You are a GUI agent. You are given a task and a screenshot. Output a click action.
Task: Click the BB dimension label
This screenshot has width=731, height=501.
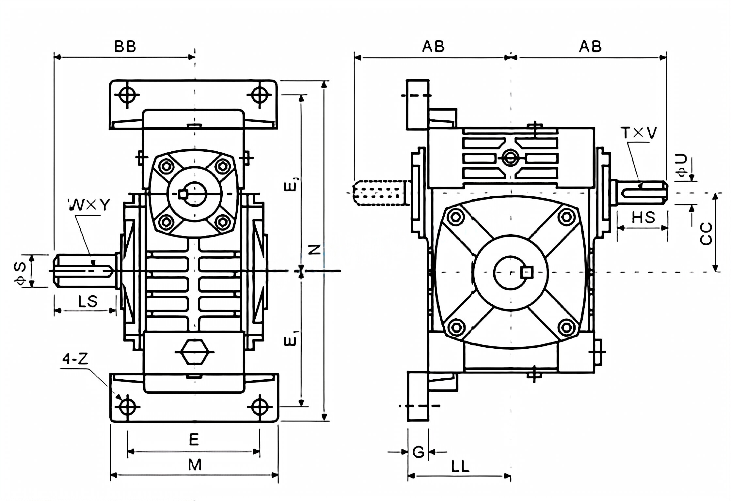coord(125,47)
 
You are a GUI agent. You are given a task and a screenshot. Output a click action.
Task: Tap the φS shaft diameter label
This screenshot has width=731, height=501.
coord(20,271)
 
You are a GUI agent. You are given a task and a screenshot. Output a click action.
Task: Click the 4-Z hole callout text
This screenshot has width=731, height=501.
coord(75,359)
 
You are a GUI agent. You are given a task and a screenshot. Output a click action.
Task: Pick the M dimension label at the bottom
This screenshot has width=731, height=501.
coord(195,465)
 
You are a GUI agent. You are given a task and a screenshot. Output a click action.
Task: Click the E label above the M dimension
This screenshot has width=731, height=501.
coord(194,440)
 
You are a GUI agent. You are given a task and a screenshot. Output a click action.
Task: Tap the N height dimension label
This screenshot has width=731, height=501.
coord(314,250)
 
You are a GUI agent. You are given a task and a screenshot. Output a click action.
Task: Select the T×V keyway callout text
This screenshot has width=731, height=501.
coord(639,133)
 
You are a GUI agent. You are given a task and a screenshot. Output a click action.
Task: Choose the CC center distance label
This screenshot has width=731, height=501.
coord(706,234)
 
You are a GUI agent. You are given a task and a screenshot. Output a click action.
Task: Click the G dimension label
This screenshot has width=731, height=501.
coord(418,452)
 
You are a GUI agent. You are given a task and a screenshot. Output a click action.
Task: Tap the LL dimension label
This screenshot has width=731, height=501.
coord(460,467)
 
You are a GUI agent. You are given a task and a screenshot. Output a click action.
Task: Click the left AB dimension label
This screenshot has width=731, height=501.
coord(433,47)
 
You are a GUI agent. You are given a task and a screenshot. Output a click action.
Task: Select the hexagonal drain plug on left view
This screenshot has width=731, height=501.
coord(195,352)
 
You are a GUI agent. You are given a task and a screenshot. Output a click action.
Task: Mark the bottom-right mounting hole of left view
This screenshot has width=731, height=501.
coord(260,406)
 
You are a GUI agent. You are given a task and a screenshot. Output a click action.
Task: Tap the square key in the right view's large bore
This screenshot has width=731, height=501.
coord(527,272)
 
